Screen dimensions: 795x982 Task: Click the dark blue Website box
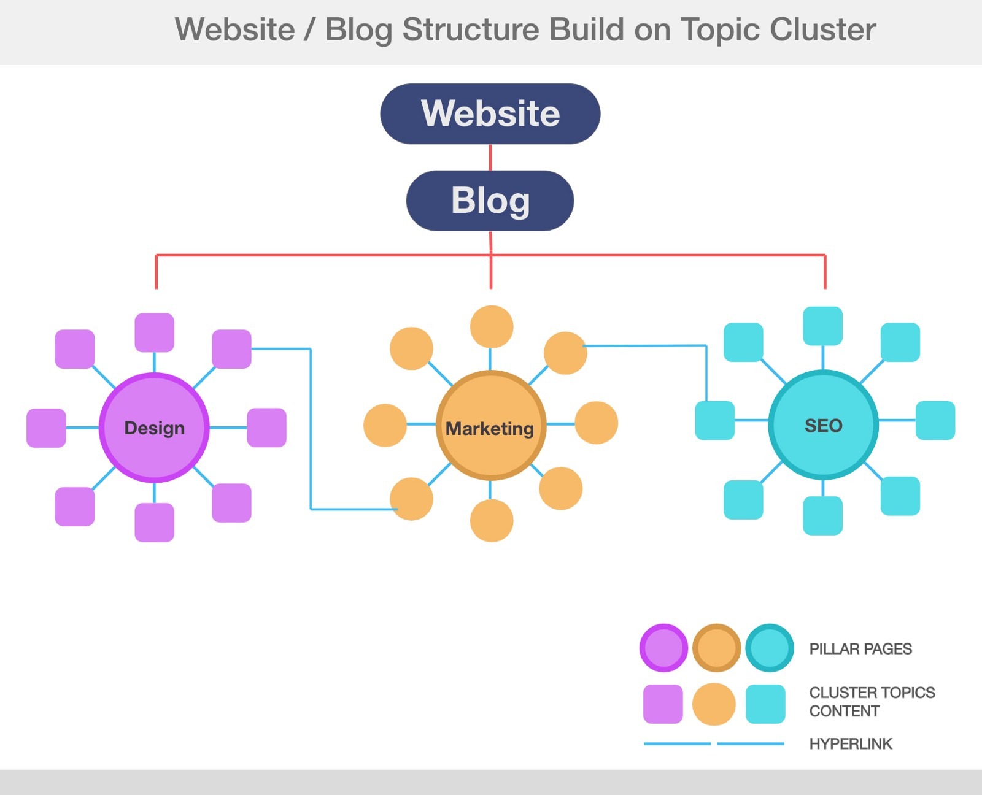coord(490,114)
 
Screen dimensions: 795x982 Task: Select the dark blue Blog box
coord(490,201)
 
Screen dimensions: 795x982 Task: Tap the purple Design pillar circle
coord(154,428)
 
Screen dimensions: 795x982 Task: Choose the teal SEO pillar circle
coord(823,424)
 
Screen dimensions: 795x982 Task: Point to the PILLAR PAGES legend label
coord(860,649)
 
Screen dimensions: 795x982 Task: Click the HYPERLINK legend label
coord(851,744)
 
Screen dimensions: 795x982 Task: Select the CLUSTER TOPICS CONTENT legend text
coord(872,702)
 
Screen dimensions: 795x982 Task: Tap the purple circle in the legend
coord(663,648)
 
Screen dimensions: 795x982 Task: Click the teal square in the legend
coord(765,704)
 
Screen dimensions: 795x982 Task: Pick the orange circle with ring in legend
coord(716,648)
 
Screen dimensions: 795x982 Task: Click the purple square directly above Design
coord(154,332)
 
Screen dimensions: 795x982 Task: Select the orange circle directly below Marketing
coord(492,521)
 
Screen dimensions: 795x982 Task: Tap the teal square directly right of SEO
coord(935,420)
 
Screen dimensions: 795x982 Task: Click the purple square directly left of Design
coord(46,428)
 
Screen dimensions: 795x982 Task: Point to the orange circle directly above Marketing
coord(492,326)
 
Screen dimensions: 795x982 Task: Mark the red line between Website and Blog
coord(490,158)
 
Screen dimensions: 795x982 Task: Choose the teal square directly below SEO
coord(822,515)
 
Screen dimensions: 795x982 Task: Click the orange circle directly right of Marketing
coord(596,423)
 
